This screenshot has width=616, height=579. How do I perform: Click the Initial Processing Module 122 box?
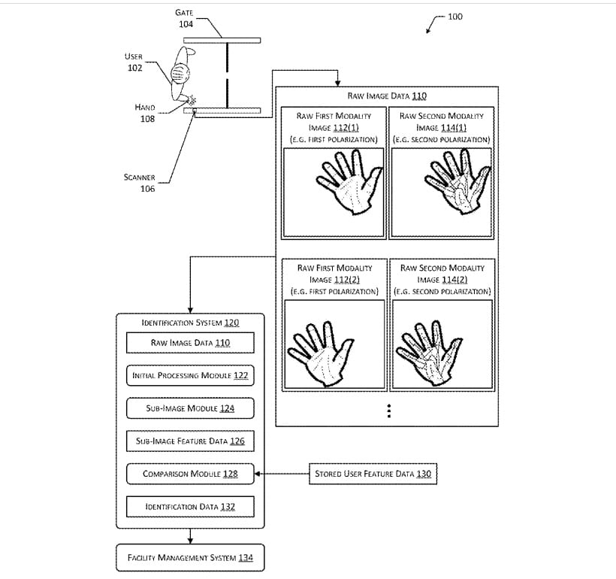point(190,375)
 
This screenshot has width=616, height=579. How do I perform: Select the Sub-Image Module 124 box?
point(190,408)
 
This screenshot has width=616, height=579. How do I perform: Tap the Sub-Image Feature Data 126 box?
point(190,441)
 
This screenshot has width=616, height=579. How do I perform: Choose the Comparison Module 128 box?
point(190,474)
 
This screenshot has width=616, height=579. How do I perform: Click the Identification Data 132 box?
point(190,508)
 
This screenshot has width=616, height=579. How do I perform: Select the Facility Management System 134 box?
point(190,558)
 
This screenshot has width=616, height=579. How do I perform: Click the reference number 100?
point(454,17)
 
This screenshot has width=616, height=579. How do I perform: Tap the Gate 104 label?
point(186,18)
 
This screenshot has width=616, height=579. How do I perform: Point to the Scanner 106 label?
point(140,183)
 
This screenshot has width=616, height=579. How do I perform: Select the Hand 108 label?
point(145,113)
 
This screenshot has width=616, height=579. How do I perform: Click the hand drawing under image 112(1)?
point(343,185)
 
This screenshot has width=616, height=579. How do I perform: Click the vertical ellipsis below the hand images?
point(388,411)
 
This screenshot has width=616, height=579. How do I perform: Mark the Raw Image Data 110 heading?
point(387,96)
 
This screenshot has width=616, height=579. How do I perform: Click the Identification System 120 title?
point(190,323)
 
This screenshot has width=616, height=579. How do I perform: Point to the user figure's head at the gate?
point(180,73)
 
